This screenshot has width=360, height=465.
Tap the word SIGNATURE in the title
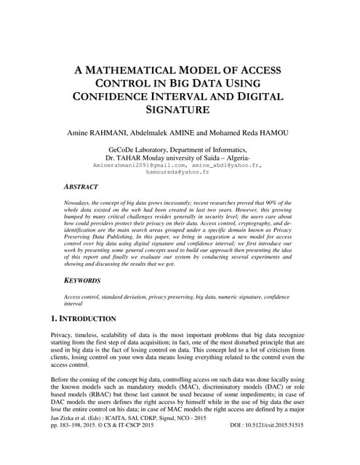pos(180,110)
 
